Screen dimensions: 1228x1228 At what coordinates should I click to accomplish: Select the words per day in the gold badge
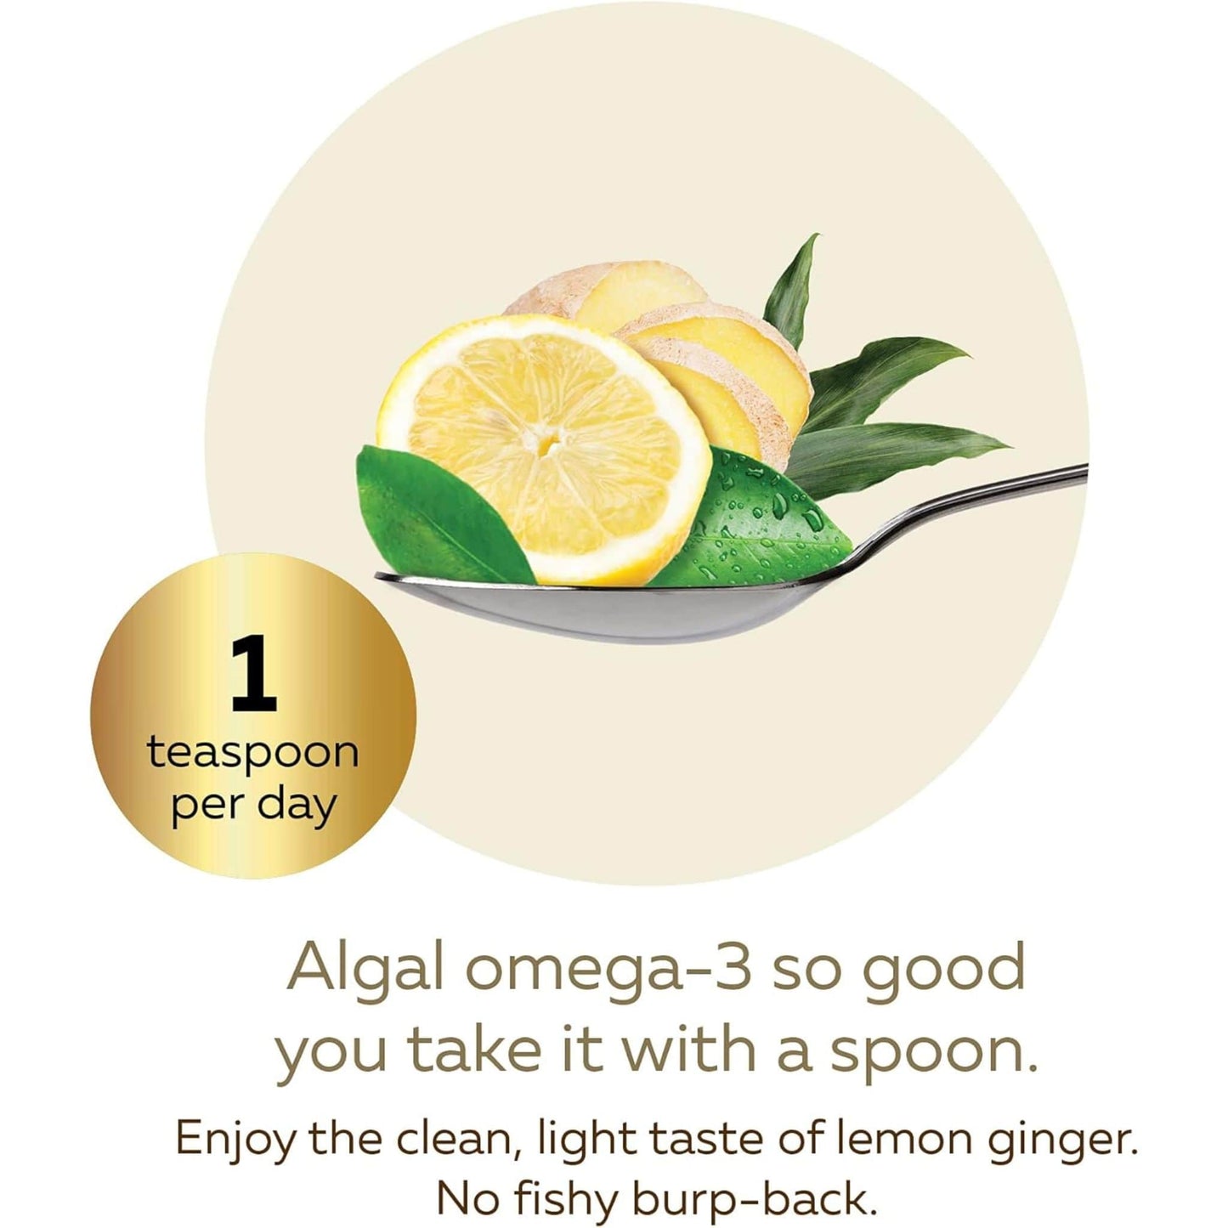[x=253, y=803]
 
